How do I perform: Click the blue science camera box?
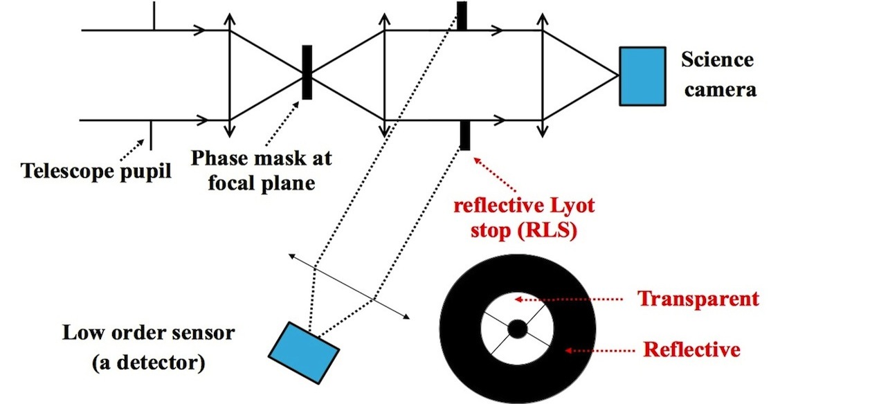[x=642, y=76]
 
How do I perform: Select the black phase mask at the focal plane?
[x=307, y=72]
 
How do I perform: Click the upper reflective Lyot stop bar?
[x=462, y=16]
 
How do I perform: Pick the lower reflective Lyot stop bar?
[x=464, y=135]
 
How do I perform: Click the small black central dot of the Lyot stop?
[x=517, y=329]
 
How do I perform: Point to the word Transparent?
[x=698, y=300]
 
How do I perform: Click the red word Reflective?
[x=691, y=350]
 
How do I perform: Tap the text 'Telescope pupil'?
[x=96, y=170]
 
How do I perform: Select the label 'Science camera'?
[x=718, y=74]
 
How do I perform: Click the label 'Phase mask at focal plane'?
[x=261, y=170]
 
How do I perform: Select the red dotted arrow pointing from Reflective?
[x=599, y=351]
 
